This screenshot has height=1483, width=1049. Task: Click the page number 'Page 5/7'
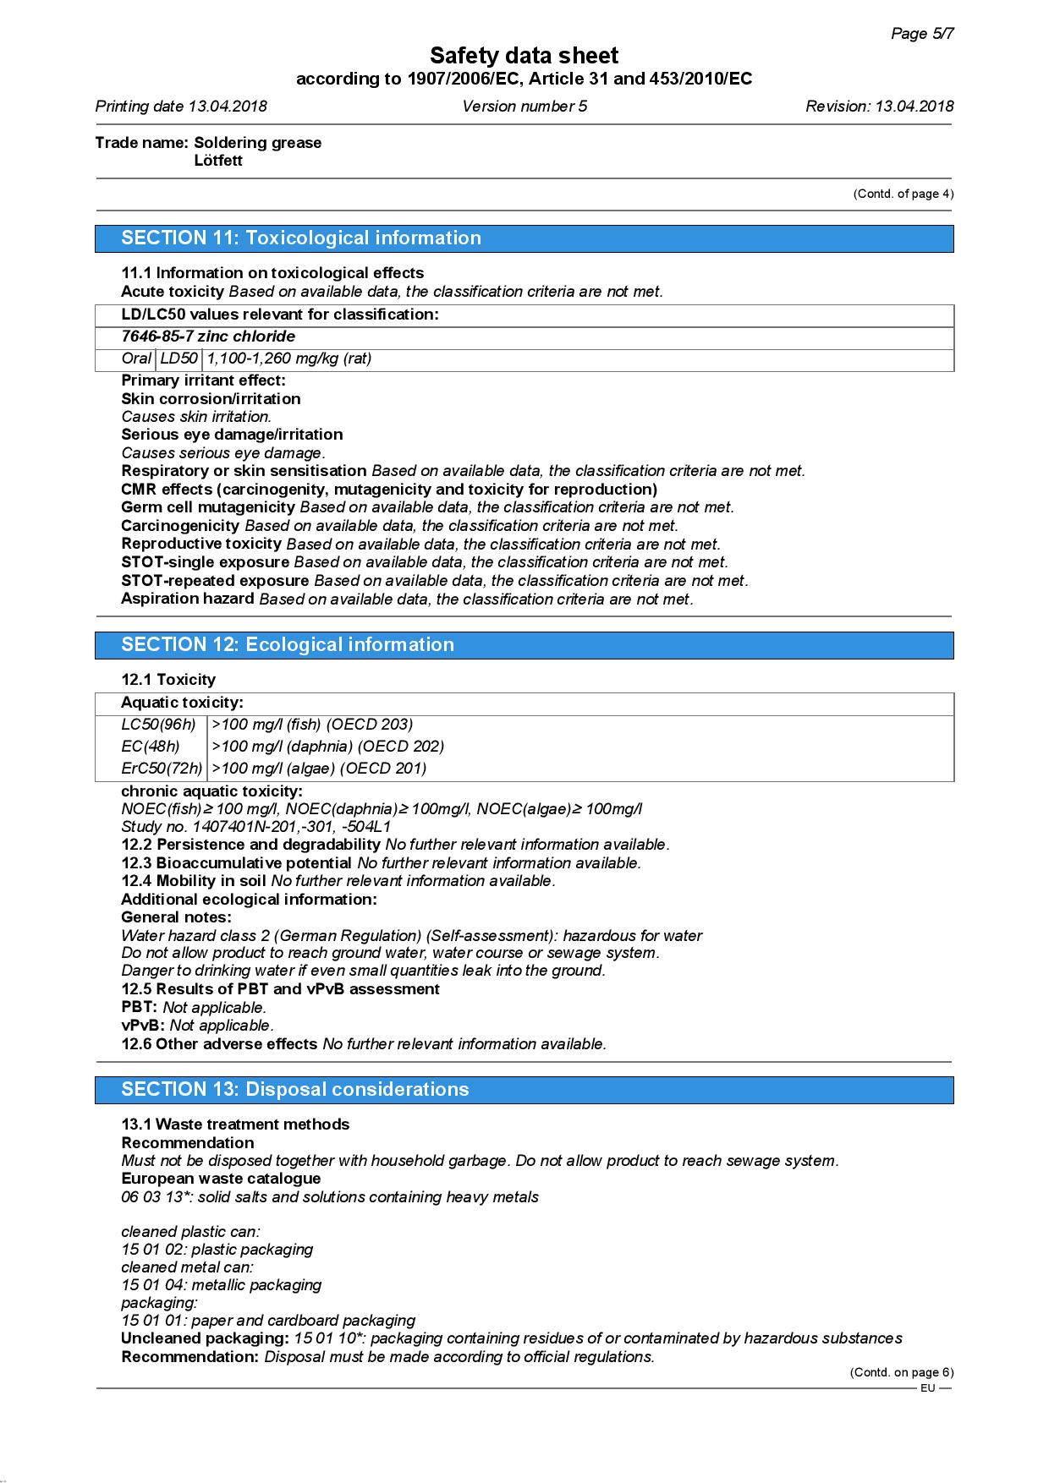(x=922, y=34)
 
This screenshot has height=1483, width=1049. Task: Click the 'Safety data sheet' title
(x=524, y=56)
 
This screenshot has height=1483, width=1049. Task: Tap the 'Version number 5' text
(x=524, y=107)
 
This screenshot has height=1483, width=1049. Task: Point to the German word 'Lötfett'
(x=218, y=161)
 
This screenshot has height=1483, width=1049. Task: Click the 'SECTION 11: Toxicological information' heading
(x=301, y=238)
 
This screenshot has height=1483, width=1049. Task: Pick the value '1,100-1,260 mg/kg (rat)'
(x=289, y=358)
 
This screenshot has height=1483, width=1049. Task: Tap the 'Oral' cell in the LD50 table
(x=136, y=358)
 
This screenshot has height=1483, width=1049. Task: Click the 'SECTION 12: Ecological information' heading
(x=288, y=645)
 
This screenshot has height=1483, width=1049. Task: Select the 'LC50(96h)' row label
(x=158, y=725)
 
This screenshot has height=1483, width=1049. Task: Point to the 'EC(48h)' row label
(x=151, y=747)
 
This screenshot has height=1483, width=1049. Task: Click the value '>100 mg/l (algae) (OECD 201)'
(x=319, y=769)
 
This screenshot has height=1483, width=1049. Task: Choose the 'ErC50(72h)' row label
(x=162, y=769)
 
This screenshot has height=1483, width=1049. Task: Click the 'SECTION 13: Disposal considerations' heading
(x=294, y=1090)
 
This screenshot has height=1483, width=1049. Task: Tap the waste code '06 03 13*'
(x=156, y=1197)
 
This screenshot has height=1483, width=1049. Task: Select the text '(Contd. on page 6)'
(x=901, y=1373)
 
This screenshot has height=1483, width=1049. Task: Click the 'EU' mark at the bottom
(x=928, y=1388)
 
